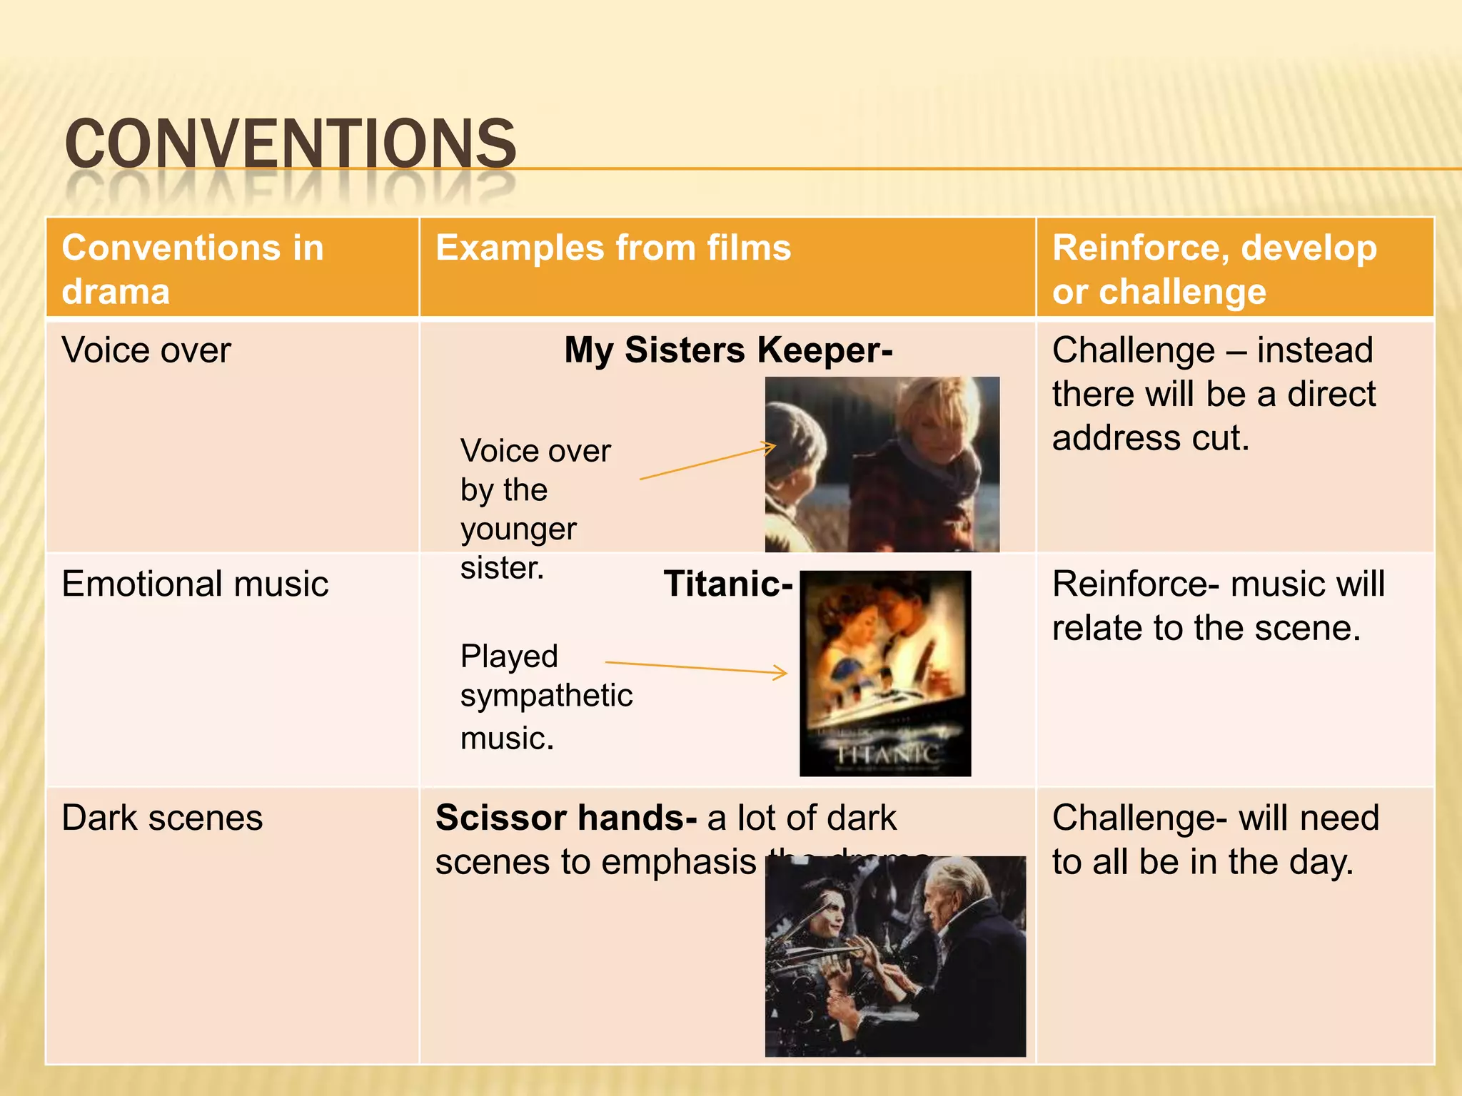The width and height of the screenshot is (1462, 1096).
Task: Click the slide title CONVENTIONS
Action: click(x=290, y=144)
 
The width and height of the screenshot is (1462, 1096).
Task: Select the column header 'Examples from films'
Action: click(x=613, y=248)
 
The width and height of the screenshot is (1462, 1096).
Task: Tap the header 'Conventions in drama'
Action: click(x=193, y=269)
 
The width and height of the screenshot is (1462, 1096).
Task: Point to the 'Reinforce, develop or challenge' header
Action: click(x=1214, y=269)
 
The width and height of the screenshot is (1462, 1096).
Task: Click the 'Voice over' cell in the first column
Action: click(x=146, y=350)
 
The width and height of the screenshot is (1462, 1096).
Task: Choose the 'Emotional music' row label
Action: click(x=195, y=584)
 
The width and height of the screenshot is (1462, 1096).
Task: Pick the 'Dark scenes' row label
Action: click(x=162, y=818)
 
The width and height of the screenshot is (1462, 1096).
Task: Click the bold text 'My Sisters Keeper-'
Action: click(x=728, y=350)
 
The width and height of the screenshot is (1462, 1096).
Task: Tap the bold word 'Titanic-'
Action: click(x=727, y=584)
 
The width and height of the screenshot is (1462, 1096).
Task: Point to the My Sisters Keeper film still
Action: click(x=882, y=464)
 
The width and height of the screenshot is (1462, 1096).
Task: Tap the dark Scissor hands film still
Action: click(x=895, y=956)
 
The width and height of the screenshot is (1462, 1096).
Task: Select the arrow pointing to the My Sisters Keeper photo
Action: click(x=707, y=462)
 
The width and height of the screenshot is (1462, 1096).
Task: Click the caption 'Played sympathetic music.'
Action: click(x=546, y=696)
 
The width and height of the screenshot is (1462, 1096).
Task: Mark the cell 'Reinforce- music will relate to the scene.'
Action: click(x=1218, y=606)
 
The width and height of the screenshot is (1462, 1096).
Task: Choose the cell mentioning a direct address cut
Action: click(x=1214, y=394)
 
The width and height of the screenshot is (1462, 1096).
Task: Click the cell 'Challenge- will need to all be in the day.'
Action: click(x=1215, y=840)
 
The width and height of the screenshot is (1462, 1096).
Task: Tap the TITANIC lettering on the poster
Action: click(x=887, y=753)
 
